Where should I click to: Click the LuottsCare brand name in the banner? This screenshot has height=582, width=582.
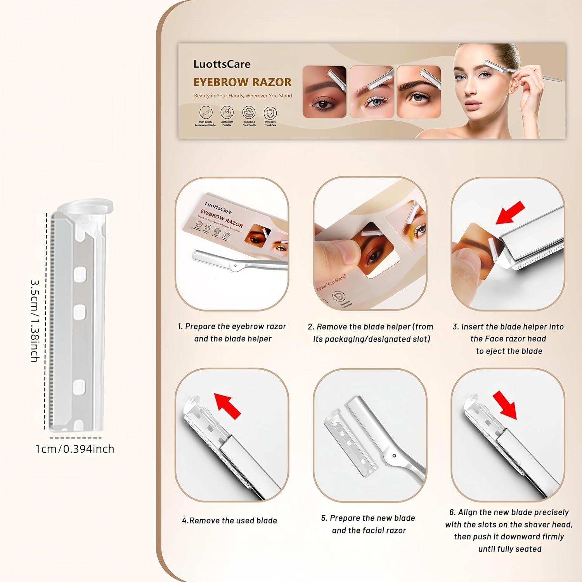[x=222, y=64]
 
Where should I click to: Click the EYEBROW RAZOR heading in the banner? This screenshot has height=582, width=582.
[x=242, y=82]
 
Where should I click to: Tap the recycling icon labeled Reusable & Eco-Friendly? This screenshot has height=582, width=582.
[x=249, y=113]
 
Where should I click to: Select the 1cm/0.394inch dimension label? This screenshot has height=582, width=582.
[x=74, y=449]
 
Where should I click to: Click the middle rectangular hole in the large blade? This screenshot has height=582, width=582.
[x=80, y=310]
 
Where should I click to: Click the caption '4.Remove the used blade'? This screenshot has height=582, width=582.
[x=230, y=521]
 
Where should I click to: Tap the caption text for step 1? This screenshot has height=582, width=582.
[x=232, y=333]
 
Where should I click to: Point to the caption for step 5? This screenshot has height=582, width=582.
[x=369, y=524]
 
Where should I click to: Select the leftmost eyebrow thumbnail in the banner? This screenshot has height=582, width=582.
[x=324, y=92]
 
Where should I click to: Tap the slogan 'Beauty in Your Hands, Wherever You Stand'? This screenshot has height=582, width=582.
[x=243, y=95]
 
